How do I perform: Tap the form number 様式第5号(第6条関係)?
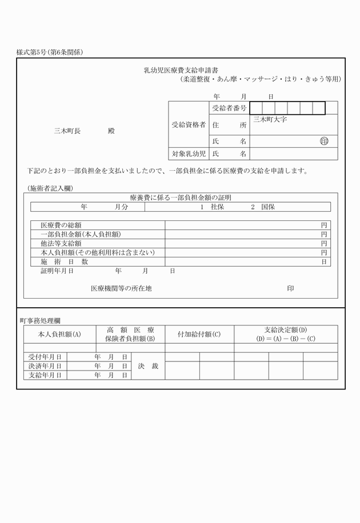point(50,53)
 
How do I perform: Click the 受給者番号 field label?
point(229,108)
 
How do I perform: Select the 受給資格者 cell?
point(189,124)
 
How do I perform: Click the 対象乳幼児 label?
point(189,154)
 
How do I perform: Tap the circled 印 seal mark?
point(324,141)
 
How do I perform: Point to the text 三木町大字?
point(270,120)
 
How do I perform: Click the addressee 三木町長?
point(67,131)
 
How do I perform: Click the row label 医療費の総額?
point(61,226)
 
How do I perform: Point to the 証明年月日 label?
point(57,271)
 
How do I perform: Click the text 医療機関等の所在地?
point(121,289)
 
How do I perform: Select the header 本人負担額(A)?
point(59,334)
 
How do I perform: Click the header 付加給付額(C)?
point(199,334)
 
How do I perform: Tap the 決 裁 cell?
point(148,366)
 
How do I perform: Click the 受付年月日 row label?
point(45,357)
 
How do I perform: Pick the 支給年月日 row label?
point(45,375)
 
